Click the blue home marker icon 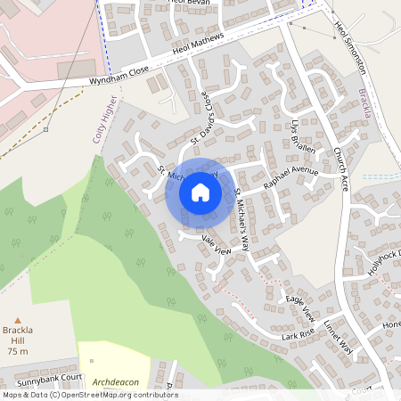click(x=200, y=192)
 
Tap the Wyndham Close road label click(x=119, y=78)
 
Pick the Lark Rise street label click(x=298, y=335)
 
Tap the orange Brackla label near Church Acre click(x=364, y=103)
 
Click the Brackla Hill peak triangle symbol click(x=17, y=319)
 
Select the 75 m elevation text click(x=18, y=351)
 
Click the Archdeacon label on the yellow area click(x=117, y=380)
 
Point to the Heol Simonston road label click(x=348, y=46)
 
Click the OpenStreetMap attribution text click(x=89, y=395)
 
